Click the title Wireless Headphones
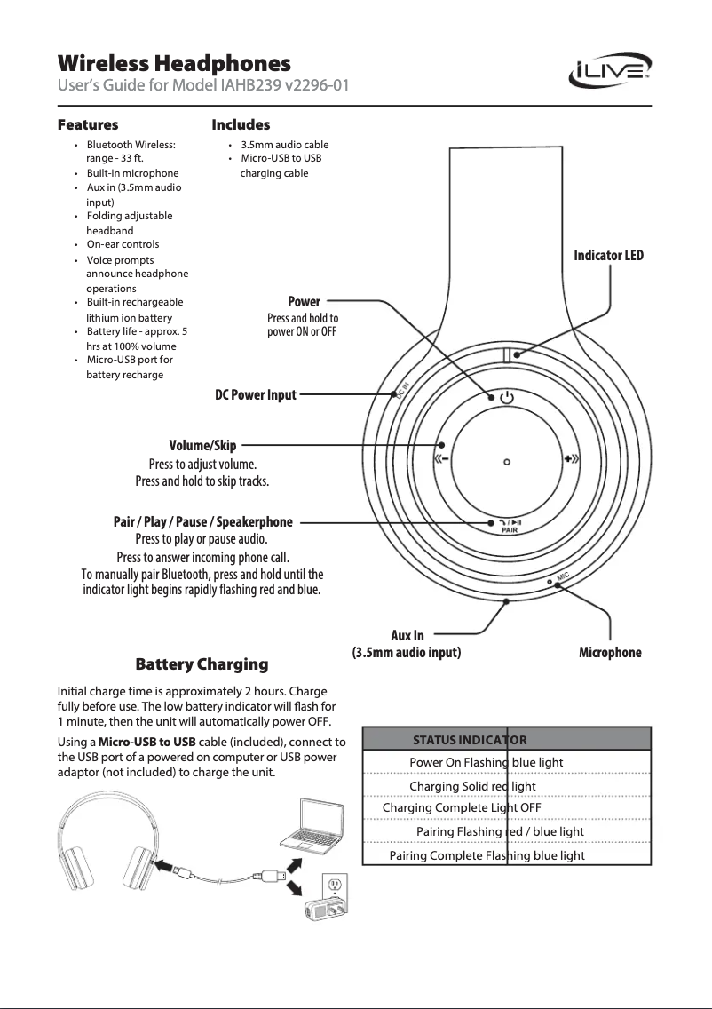(x=174, y=64)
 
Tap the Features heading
(x=88, y=124)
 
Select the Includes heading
(x=241, y=124)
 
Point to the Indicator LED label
(x=609, y=256)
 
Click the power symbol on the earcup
(x=505, y=398)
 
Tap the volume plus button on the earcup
(x=571, y=460)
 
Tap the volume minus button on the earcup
(x=441, y=460)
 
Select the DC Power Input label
(x=256, y=395)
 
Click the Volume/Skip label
(x=202, y=445)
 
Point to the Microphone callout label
(x=610, y=653)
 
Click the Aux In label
(x=407, y=635)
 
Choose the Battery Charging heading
(x=201, y=664)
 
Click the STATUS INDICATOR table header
(x=470, y=740)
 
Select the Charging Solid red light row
(x=472, y=786)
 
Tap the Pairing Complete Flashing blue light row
(x=487, y=855)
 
